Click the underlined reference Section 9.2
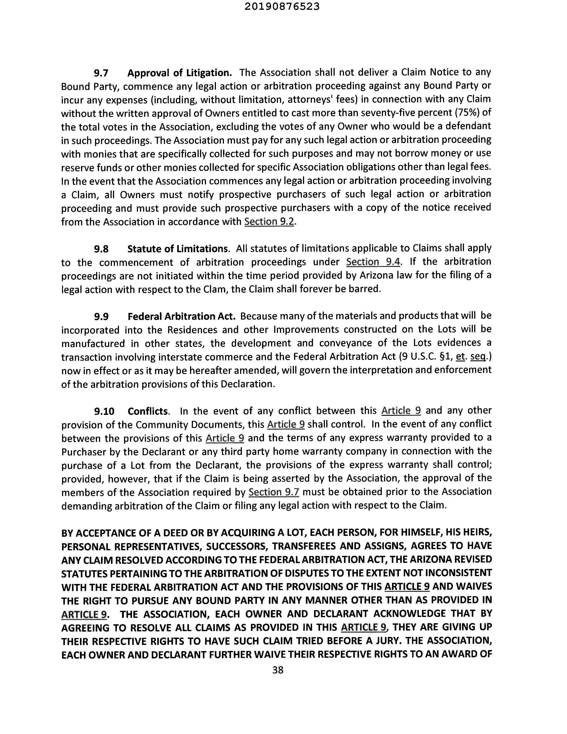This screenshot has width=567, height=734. coord(269,222)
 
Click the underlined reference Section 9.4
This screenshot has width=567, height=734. coord(373,262)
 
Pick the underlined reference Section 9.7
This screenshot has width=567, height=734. coord(274,492)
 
